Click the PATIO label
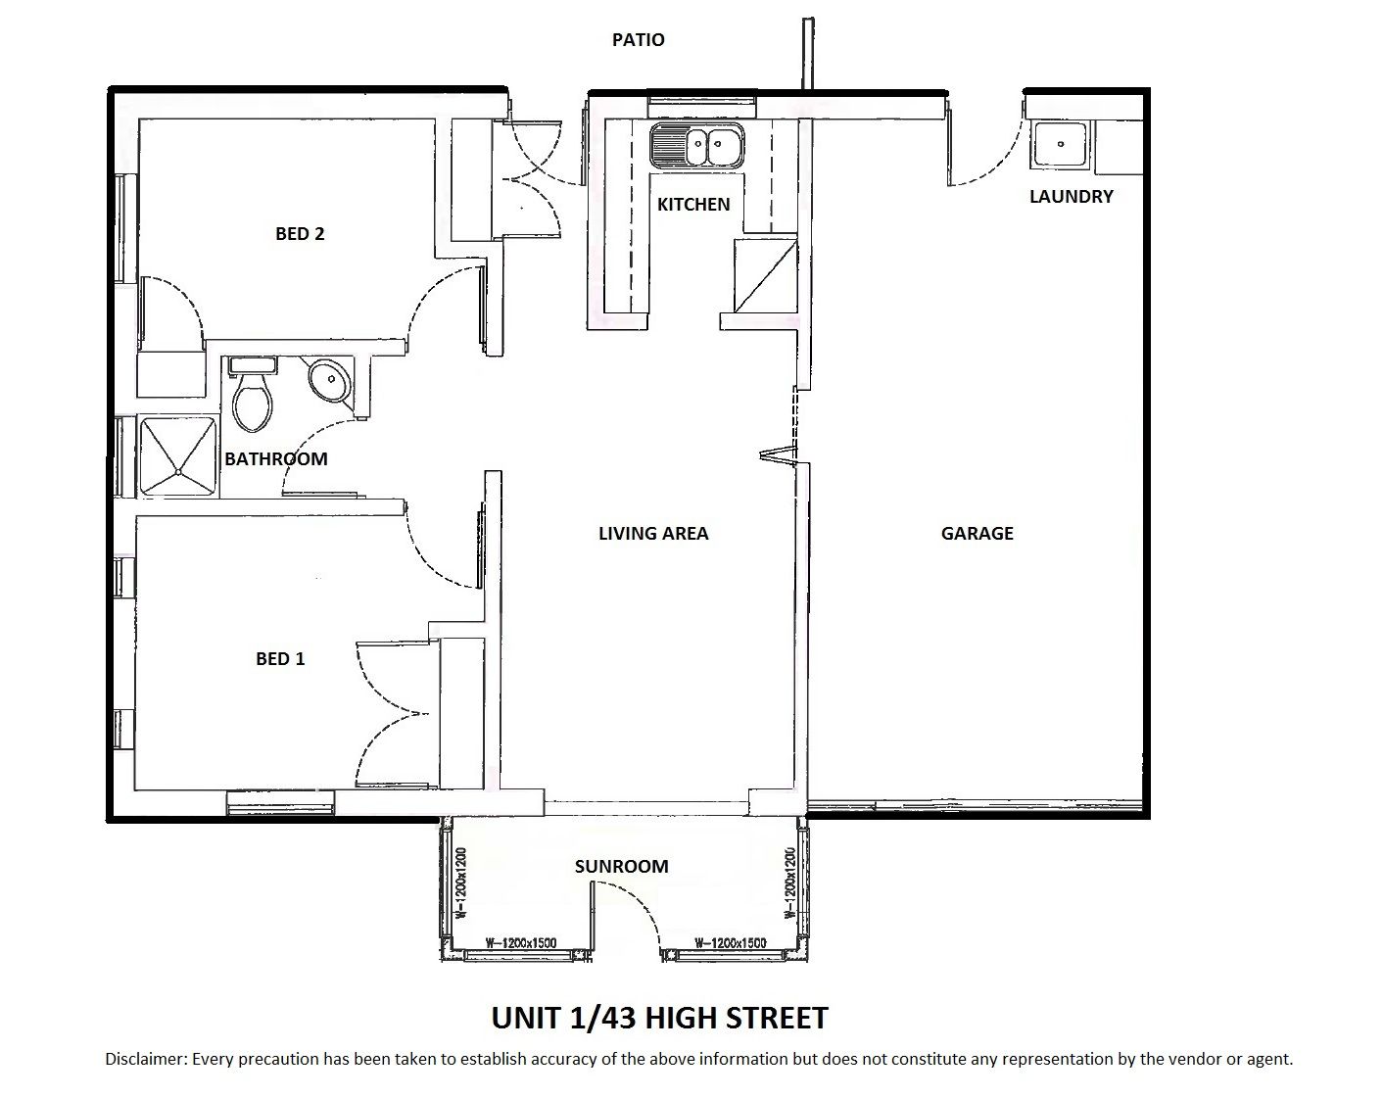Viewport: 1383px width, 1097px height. [x=639, y=40]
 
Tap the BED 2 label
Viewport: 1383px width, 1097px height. [x=300, y=234]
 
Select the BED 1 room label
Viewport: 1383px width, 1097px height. [x=280, y=659]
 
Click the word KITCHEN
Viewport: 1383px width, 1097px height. [x=693, y=205]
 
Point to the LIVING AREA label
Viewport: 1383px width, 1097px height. [x=653, y=534]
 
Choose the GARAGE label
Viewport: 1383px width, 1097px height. [x=977, y=534]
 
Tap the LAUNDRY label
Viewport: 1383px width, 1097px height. [x=1072, y=197]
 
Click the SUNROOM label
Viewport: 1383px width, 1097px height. [x=621, y=866]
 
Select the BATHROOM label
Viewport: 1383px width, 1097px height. [x=275, y=458]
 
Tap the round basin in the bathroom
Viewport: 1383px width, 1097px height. [x=331, y=380]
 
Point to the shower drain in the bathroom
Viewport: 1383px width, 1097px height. [x=177, y=472]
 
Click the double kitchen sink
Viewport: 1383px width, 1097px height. [x=696, y=146]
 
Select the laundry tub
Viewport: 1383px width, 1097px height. [x=1060, y=145]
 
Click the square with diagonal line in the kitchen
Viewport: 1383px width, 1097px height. [x=766, y=276]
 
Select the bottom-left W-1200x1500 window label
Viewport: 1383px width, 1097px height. [x=521, y=943]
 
